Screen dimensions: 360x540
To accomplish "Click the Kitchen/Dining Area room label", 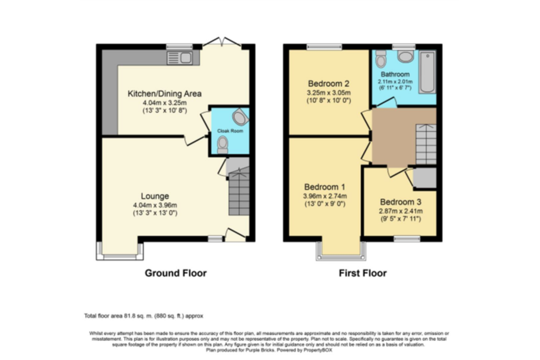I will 165,94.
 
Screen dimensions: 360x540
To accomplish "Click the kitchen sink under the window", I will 179,58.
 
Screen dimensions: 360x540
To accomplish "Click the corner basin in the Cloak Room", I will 239,116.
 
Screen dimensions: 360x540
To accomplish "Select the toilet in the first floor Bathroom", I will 381,60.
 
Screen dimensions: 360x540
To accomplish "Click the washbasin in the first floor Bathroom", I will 406,56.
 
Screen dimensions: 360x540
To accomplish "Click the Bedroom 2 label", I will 329,83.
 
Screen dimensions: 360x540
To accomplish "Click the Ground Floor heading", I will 176,273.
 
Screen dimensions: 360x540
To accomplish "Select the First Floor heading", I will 362,273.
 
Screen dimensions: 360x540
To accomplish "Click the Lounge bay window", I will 120,252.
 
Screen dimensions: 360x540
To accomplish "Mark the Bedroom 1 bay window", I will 340,252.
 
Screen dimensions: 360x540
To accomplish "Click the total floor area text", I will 143,316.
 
